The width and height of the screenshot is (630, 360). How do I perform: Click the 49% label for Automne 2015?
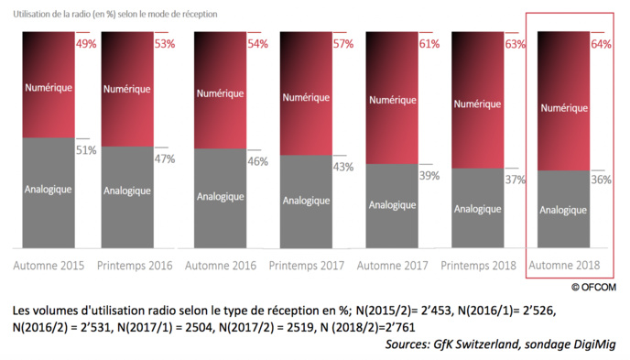coord(85,45)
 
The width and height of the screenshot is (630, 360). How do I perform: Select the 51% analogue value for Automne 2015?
coord(85,150)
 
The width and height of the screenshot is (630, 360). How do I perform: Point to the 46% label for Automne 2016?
coord(256,161)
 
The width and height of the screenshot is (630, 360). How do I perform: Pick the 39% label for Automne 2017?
coord(429,174)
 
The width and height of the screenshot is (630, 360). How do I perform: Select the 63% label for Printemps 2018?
coord(514,44)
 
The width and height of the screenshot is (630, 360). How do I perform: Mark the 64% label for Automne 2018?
coord(601,45)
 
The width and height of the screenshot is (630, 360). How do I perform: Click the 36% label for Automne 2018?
coord(600,180)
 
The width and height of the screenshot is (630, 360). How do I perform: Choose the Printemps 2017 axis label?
coord(306,266)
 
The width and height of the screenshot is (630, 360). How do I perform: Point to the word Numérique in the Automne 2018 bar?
coord(563,107)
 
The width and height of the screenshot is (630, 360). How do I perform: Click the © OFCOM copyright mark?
coord(596,286)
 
